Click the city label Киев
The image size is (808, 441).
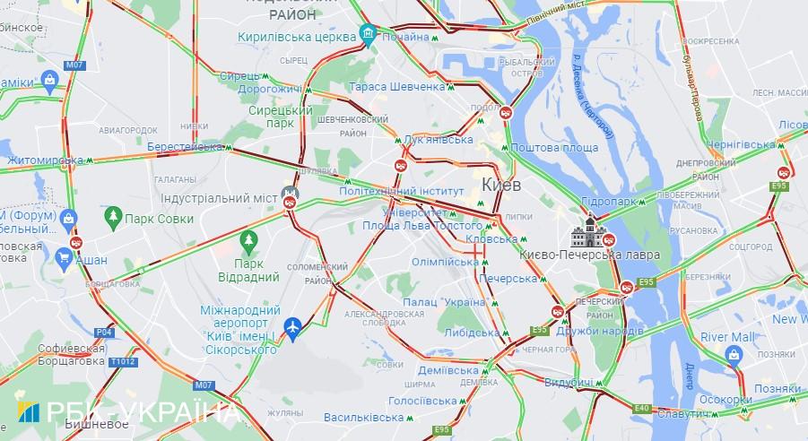coord(502,184)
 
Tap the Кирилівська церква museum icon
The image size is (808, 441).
coord(367,35)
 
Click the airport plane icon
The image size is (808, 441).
coord(291,328)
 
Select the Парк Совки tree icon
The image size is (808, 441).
coord(113,218)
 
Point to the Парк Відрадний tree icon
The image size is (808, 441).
coord(248,240)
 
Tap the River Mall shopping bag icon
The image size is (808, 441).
coord(734,356)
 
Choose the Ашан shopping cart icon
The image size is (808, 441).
coord(64,260)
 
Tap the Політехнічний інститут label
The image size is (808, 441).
coord(402,191)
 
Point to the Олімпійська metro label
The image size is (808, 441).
coord(444,262)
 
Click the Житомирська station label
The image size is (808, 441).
coord(44,160)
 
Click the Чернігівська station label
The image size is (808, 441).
coord(739,144)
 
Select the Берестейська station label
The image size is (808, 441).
coord(183,146)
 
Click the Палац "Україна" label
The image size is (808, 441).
coord(444,303)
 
